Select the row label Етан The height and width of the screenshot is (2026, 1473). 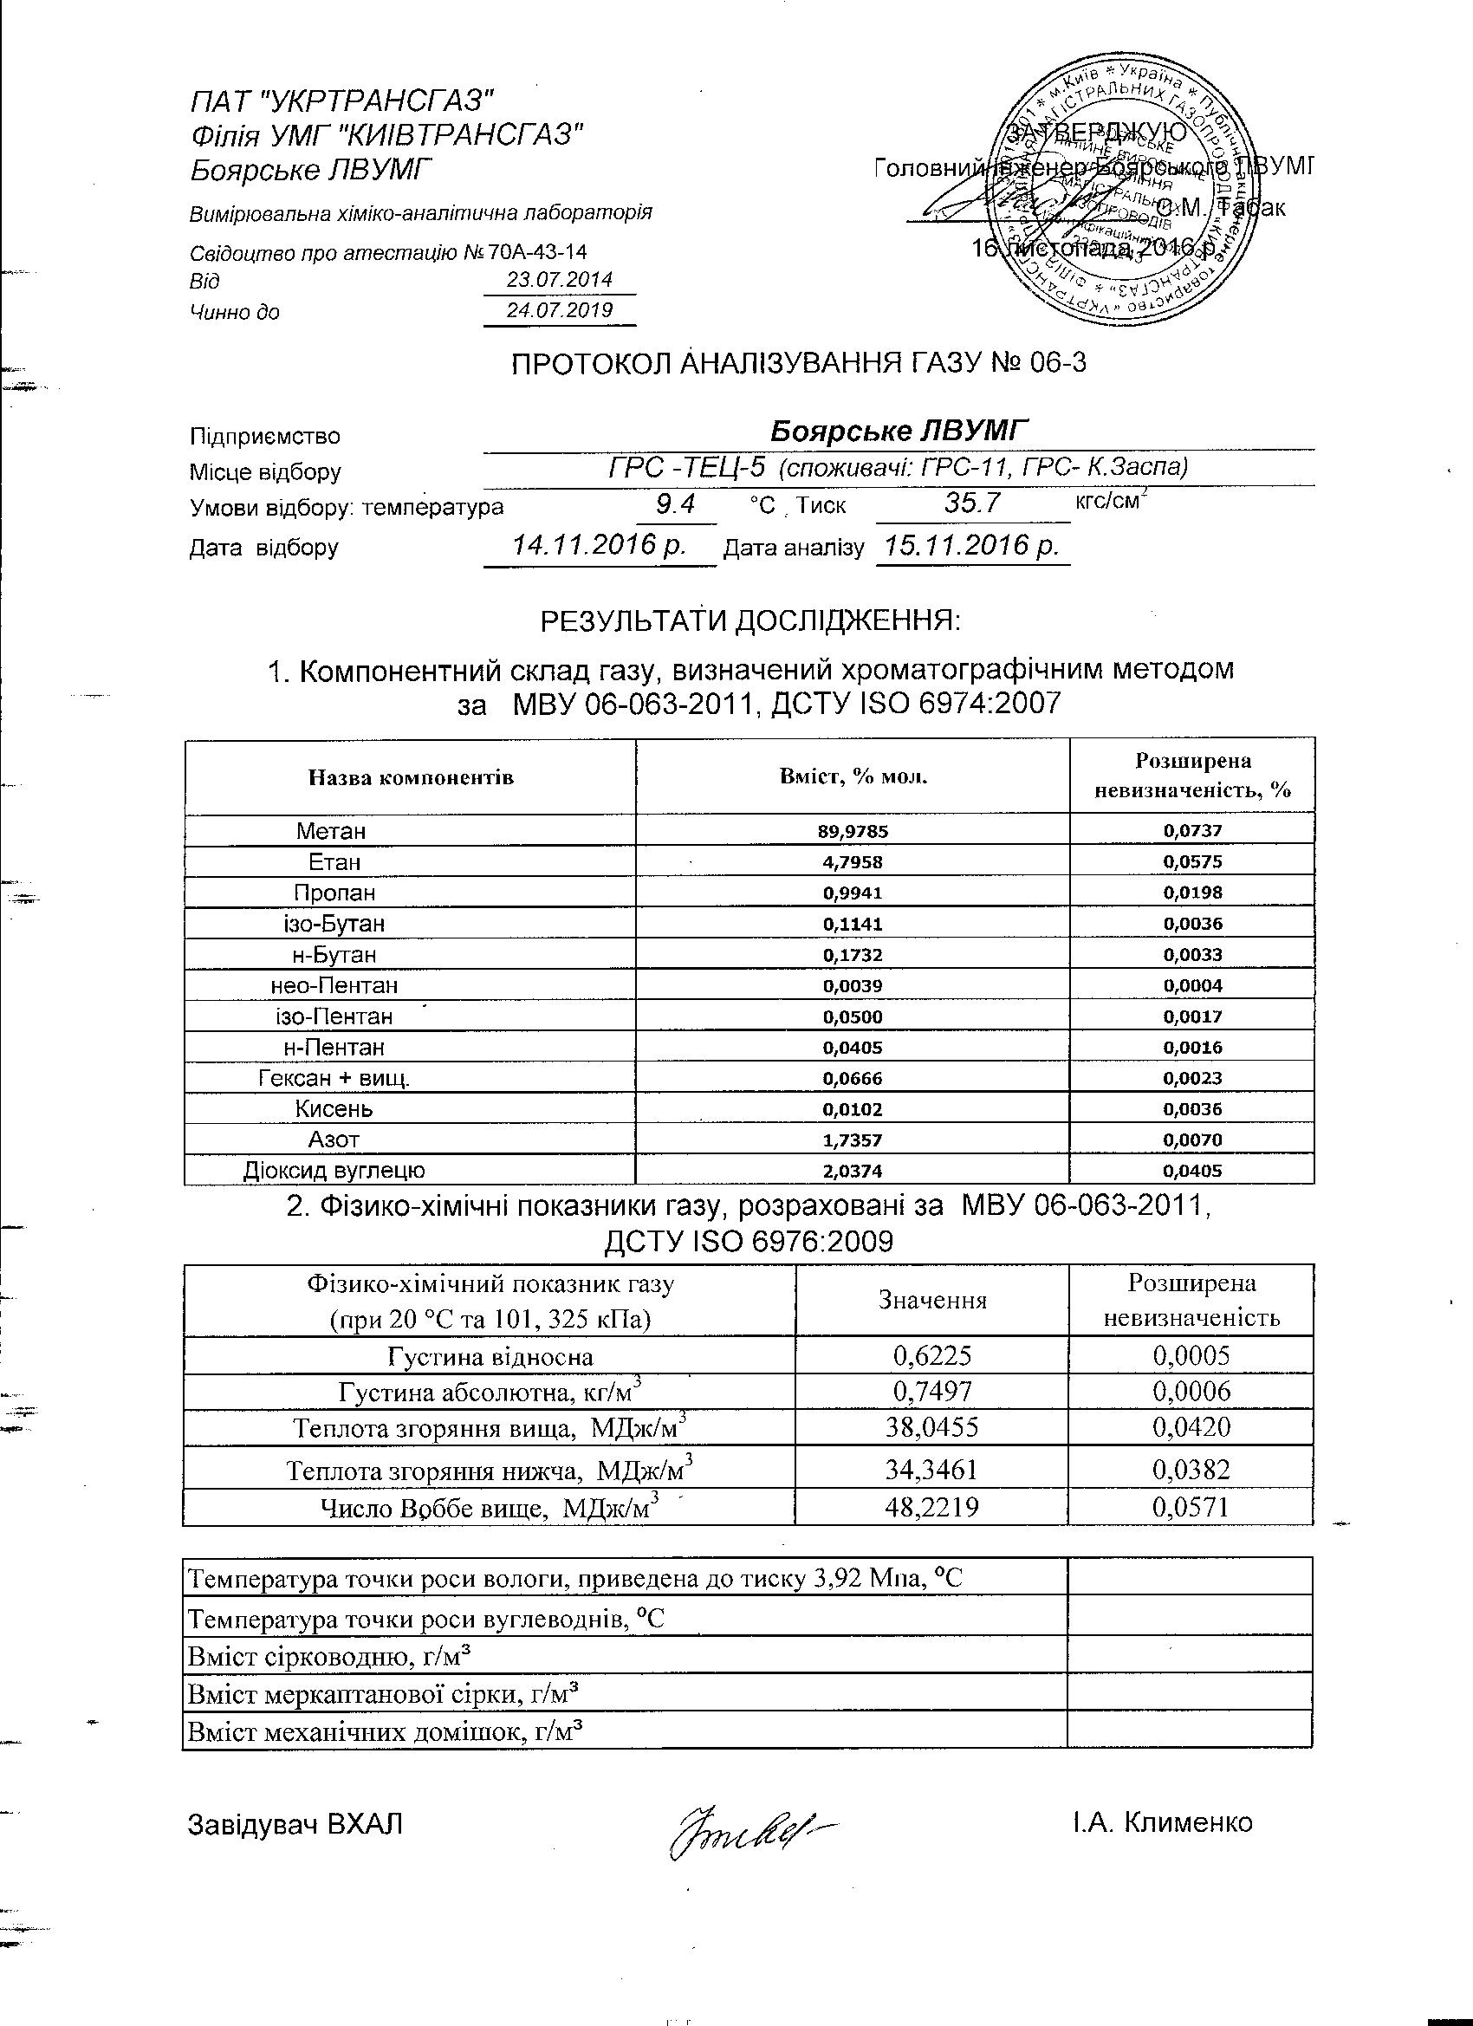334,862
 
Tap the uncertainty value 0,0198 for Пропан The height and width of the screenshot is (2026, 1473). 1192,893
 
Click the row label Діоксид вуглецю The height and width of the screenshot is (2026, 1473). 334,1170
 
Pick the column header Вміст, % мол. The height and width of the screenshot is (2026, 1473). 853,776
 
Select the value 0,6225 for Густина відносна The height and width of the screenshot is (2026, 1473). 931,1356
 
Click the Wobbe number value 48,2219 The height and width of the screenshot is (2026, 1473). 931,1508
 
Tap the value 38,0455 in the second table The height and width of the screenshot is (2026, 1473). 931,1426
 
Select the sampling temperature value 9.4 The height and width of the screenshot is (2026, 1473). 675,504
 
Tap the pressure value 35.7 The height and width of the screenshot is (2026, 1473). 973,503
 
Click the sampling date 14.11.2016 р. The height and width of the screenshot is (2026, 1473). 598,545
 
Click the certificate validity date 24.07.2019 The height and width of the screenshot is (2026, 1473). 559,310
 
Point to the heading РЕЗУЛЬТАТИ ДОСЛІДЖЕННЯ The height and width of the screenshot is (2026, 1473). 750,620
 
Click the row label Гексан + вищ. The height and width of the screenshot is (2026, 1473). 334,1078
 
